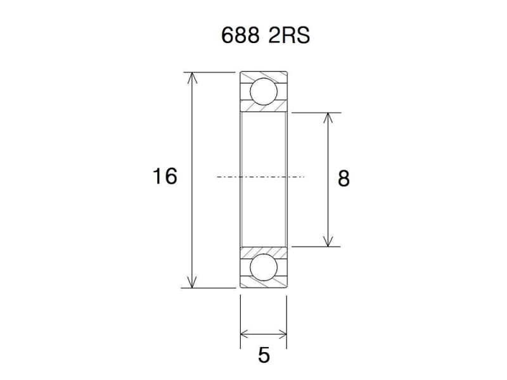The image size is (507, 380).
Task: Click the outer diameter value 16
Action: pos(165,176)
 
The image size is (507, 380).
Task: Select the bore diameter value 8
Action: pos(343,179)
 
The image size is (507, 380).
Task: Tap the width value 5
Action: pos(264,355)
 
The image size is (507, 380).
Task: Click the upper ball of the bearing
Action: pos(263,91)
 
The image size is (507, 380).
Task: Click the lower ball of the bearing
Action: pos(263,267)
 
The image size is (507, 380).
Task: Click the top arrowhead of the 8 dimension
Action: pos(328,118)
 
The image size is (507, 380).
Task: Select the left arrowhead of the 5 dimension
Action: pos(245,334)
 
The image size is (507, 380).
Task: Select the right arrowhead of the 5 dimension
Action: pos(283,334)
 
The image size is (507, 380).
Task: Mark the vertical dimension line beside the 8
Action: pos(328,146)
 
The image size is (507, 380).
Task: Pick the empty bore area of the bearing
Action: pos(264,152)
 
